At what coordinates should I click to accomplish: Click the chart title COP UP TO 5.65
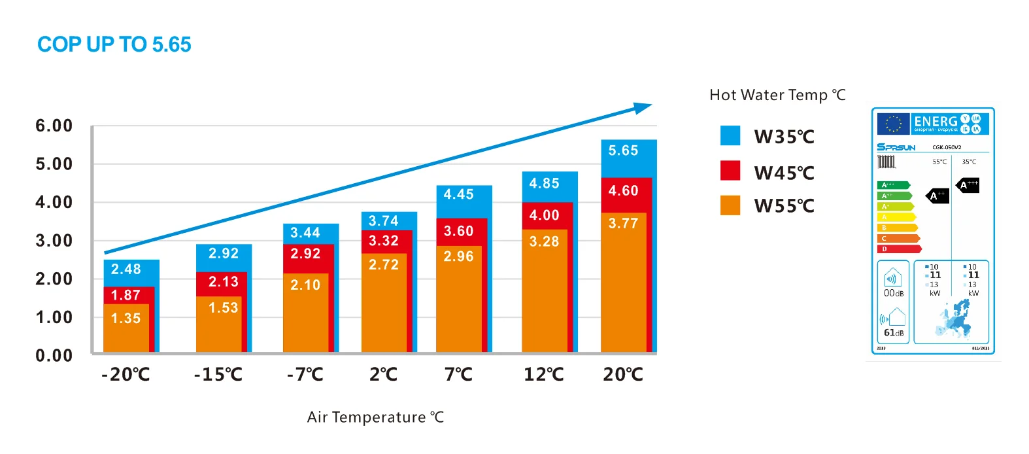tap(114, 44)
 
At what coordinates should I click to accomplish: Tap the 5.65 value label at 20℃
tap(623, 151)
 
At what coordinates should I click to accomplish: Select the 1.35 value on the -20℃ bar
tap(126, 319)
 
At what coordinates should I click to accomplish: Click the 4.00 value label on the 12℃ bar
tap(544, 215)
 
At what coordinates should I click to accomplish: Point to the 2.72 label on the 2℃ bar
tap(383, 265)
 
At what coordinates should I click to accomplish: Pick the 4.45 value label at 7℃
tap(458, 194)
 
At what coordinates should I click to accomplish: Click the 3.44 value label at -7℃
tap(305, 233)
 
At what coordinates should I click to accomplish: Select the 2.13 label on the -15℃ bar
tap(223, 282)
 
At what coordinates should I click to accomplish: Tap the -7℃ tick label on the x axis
tap(305, 375)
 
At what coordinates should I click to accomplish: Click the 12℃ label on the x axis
tap(544, 375)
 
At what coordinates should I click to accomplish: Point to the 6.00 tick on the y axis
tap(54, 126)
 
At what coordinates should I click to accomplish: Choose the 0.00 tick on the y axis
tap(54, 356)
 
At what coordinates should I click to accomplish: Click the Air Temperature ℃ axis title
tap(375, 417)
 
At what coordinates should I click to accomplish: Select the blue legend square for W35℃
tap(730, 135)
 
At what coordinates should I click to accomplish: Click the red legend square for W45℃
tap(730, 171)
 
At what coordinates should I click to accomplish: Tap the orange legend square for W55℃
tap(730, 205)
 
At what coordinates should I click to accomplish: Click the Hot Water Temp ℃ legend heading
tap(777, 96)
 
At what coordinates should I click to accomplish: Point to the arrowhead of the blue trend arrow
tap(643, 107)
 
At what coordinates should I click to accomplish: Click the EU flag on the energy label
tap(893, 123)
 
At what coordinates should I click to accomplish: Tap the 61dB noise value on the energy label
tap(894, 333)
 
